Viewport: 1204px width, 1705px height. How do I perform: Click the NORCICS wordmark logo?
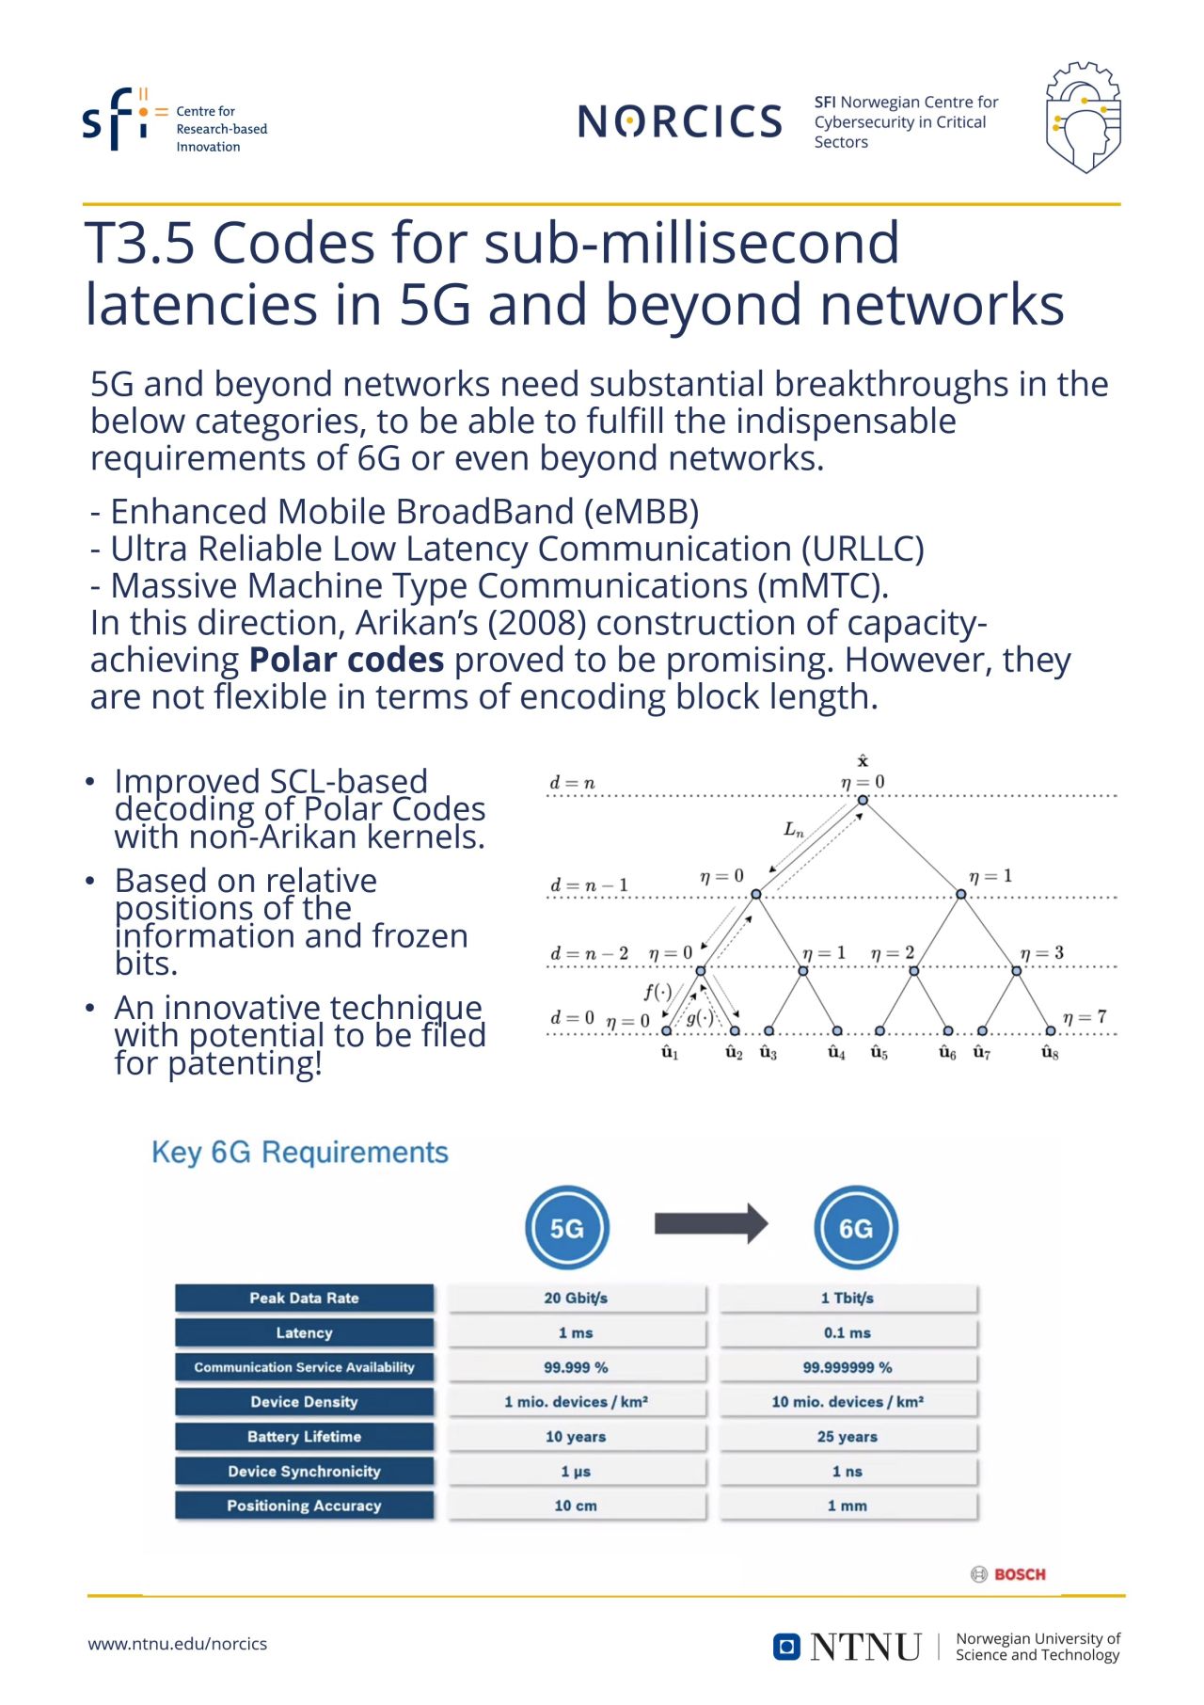[679, 121]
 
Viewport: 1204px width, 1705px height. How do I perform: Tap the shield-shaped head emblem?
[1083, 118]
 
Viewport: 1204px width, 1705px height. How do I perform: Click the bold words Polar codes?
[346, 661]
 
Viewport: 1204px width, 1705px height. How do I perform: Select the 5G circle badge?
[567, 1228]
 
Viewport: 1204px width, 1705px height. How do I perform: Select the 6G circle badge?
[855, 1228]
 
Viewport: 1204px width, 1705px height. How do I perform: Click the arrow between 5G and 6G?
[711, 1223]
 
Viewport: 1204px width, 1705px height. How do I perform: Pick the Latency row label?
[304, 1332]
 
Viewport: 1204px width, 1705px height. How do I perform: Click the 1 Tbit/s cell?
[848, 1299]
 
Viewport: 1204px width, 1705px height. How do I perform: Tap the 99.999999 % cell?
[848, 1367]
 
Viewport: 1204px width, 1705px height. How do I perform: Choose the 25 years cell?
[848, 1437]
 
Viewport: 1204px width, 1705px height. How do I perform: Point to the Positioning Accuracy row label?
[304, 1506]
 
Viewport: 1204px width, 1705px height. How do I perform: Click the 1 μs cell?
[576, 1472]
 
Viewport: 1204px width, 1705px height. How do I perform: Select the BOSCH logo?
[1008, 1574]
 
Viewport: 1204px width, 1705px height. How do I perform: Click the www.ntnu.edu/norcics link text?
[178, 1644]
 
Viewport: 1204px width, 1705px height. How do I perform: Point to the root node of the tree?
[863, 800]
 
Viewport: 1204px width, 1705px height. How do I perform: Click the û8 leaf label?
[1051, 1053]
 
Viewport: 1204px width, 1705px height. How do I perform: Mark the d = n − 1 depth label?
[589, 885]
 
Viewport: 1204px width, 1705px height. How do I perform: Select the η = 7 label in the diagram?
[1085, 1017]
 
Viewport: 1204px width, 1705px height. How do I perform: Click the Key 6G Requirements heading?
[300, 1152]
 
